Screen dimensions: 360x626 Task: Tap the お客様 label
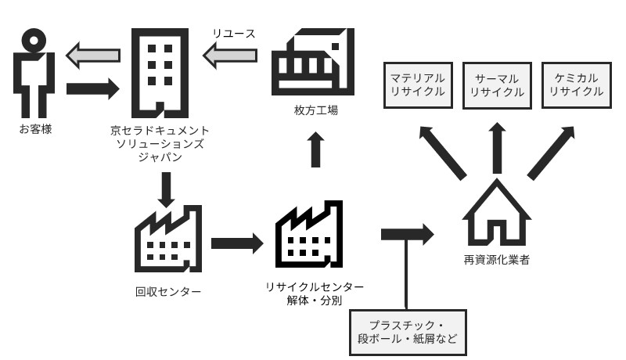click(35, 128)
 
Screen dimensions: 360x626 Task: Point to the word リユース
click(233, 34)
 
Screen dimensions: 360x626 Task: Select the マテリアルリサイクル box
click(418, 85)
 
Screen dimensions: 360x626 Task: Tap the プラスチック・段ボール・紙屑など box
click(408, 332)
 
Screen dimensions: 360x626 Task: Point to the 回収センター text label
click(168, 292)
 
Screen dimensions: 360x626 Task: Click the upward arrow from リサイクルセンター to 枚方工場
click(315, 149)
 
